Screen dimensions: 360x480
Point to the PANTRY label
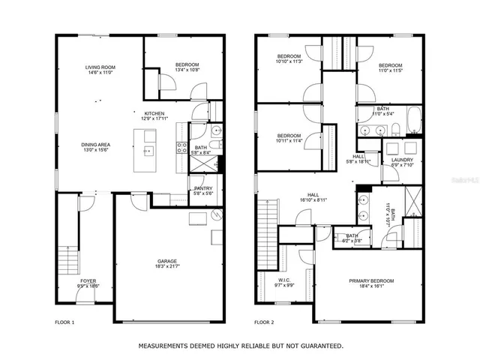(x=203, y=188)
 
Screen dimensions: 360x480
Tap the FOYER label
(x=88, y=281)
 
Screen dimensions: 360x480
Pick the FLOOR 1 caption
(x=65, y=322)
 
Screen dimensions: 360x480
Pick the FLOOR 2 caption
(x=264, y=322)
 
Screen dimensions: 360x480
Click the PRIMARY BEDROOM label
(x=371, y=280)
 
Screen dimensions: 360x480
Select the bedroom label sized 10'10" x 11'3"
(x=289, y=57)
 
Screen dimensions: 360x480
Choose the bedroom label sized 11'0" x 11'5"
(x=390, y=65)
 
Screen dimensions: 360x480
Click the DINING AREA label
(x=97, y=145)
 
